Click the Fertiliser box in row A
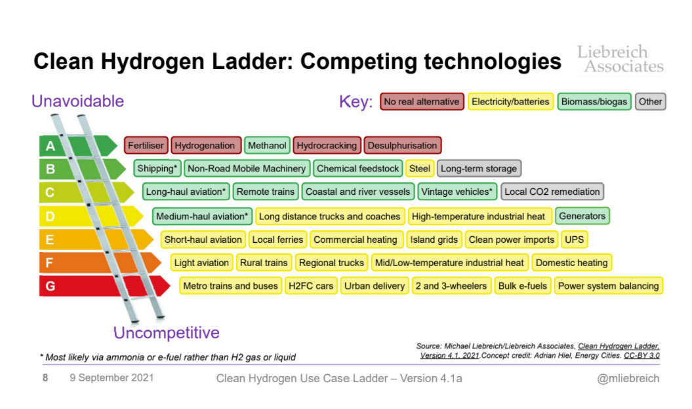(146, 145)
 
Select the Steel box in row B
(420, 168)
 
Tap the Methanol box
(267, 145)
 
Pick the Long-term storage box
(479, 168)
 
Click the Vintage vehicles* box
(457, 192)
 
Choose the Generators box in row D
(582, 216)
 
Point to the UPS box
(574, 240)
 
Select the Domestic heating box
(571, 263)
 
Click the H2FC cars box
(311, 286)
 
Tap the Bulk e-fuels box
(523, 286)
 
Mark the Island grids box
(434, 240)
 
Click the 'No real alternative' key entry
(422, 102)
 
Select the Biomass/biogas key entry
(594, 102)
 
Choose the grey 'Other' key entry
(650, 102)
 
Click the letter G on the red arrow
(51, 286)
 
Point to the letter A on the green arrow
(51, 146)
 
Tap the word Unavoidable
(77, 101)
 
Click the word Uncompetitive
(167, 333)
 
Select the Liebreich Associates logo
(621, 59)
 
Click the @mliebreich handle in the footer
(628, 379)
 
